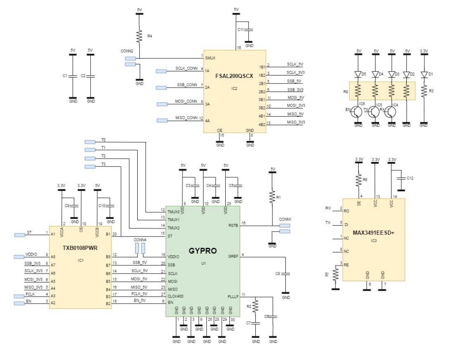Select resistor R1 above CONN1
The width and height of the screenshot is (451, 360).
click(x=272, y=196)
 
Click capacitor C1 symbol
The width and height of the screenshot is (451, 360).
click(x=73, y=76)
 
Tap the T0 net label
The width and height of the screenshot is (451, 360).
click(x=104, y=140)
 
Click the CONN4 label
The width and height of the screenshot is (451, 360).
click(x=139, y=239)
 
